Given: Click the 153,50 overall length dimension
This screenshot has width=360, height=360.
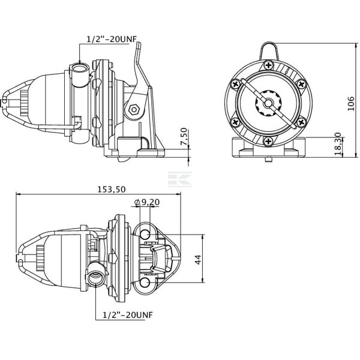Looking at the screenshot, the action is [112, 190].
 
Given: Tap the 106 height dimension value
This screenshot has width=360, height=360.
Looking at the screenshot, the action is [350, 104].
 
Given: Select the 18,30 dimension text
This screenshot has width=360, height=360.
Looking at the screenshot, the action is [338, 144].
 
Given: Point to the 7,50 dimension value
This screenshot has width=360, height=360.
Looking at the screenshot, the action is [184, 137].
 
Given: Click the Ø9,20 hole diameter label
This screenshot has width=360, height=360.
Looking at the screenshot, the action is [147, 202].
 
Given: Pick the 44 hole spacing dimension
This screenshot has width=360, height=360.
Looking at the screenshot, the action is [198, 260].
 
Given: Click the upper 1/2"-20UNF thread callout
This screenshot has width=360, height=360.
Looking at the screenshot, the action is [112, 39].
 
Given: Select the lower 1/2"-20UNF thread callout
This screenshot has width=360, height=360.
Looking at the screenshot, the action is [128, 314].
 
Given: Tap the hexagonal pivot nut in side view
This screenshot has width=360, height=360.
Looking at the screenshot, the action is [133, 110].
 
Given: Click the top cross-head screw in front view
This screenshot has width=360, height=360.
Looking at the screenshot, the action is [268, 65].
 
